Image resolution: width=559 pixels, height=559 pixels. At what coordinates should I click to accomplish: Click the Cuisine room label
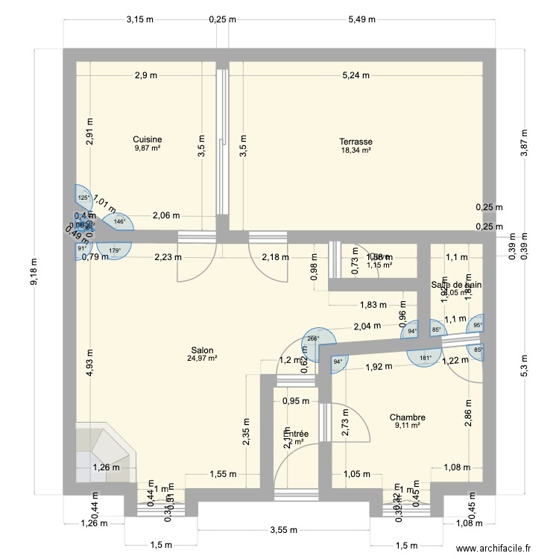pos(148,139)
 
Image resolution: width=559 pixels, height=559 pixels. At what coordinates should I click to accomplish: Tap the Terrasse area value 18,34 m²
pos(356,150)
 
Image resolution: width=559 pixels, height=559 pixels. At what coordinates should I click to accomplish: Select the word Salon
pos(201,350)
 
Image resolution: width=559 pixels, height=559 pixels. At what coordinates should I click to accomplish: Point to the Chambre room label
pos(407,418)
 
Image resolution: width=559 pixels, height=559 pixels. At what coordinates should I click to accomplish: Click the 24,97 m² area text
pos(201,359)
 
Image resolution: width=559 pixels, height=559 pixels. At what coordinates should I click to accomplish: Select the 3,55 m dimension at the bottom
pos(283,531)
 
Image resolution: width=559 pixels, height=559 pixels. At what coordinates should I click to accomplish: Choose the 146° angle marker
pos(119,221)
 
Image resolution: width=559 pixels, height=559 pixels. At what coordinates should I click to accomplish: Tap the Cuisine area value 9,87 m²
pos(148,148)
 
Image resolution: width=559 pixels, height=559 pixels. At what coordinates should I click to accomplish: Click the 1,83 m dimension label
pos(373,304)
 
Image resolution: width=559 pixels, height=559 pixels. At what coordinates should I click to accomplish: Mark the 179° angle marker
pos(114,250)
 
